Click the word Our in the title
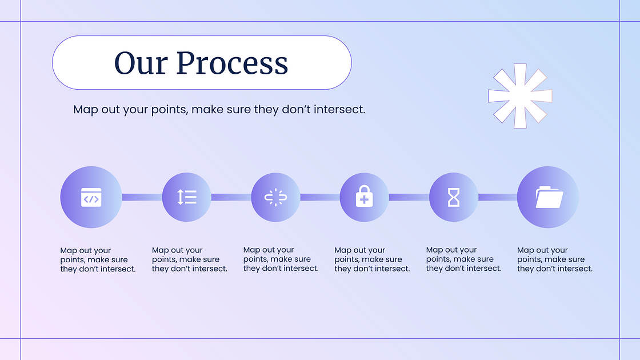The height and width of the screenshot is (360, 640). [141, 63]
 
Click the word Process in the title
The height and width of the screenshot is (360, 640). [232, 63]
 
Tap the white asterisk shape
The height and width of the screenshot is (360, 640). [520, 96]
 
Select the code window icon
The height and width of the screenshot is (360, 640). [91, 198]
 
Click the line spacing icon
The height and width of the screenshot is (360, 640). [187, 197]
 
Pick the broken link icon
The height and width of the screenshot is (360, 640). [275, 197]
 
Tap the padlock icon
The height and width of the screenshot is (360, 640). [364, 197]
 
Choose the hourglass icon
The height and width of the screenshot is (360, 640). [454, 198]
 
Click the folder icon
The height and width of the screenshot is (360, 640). [549, 197]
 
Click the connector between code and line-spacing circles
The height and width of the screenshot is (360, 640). [142, 197]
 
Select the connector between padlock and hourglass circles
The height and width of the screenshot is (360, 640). [409, 197]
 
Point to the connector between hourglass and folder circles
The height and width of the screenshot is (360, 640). [498, 197]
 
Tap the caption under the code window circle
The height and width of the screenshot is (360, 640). [98, 259]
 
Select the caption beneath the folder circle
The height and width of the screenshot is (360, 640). [555, 259]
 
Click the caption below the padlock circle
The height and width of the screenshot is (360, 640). [372, 259]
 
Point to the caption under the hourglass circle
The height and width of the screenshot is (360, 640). [463, 259]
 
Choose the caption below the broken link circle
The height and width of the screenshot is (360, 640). [281, 259]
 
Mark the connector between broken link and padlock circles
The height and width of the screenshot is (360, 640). [320, 197]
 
